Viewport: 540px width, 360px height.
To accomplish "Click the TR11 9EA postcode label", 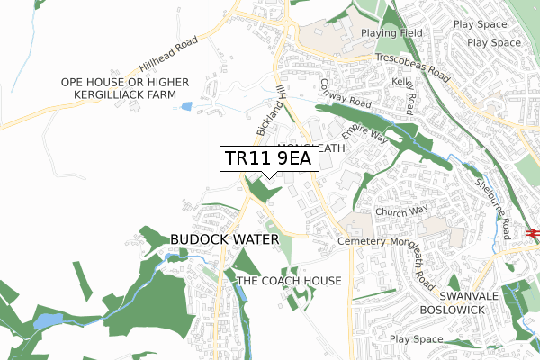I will (267, 158).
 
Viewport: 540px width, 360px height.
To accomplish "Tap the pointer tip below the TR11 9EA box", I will (268, 177).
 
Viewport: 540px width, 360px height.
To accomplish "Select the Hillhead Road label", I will (166, 56).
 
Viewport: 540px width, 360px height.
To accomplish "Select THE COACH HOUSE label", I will (289, 281).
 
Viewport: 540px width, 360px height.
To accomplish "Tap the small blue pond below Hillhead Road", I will (186, 106).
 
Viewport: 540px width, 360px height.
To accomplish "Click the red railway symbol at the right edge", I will (533, 232).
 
